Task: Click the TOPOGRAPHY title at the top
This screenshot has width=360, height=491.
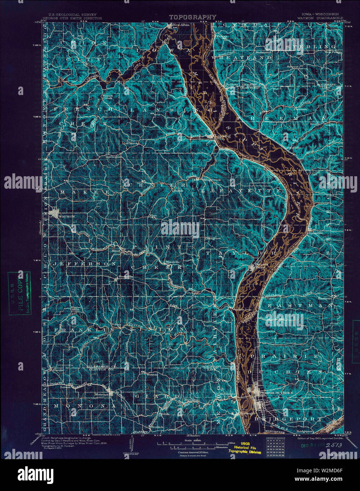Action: tap(193, 17)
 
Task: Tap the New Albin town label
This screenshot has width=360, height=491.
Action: tap(181, 25)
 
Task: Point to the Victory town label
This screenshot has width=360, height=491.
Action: tap(223, 36)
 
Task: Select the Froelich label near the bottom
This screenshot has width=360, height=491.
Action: tap(157, 427)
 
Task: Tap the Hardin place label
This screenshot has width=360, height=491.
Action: tap(58, 370)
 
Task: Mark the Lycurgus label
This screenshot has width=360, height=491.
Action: tap(113, 157)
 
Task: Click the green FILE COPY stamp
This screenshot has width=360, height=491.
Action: tap(19, 293)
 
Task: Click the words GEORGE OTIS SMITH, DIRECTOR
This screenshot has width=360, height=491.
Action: tap(72, 18)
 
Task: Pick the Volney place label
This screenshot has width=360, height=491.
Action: tap(116, 324)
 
